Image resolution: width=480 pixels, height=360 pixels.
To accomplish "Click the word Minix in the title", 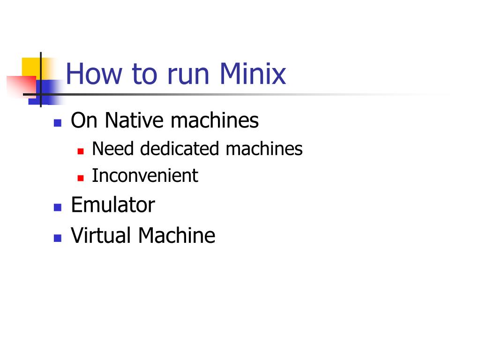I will click(252, 74).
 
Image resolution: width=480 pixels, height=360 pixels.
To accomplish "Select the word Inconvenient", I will click(145, 176).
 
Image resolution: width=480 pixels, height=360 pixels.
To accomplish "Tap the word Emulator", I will click(112, 205).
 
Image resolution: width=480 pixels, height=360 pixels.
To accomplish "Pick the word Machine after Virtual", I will click(176, 235).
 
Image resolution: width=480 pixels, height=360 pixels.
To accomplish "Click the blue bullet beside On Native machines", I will click(58, 123).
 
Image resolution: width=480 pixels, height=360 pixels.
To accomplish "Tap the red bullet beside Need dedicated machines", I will click(81, 151).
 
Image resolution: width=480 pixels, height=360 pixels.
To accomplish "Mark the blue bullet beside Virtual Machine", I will click(58, 238).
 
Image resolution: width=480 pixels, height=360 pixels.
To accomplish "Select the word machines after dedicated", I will click(264, 149).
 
